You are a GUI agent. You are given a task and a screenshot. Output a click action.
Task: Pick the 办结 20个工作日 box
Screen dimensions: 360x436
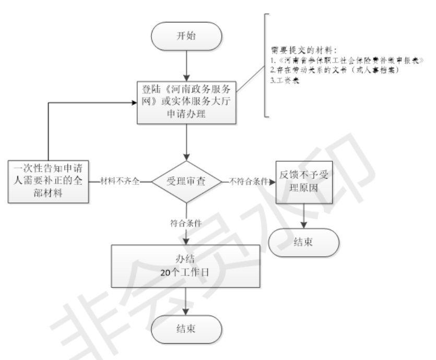coord(186,265)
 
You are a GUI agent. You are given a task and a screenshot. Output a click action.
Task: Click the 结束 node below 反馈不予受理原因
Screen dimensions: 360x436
coord(304,243)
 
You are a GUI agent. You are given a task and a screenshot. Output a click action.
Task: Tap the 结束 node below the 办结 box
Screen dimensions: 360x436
coord(186,329)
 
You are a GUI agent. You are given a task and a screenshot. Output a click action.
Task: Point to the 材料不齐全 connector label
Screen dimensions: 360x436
coord(122,182)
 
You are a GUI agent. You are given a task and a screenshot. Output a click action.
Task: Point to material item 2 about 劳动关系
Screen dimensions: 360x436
coord(334,70)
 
